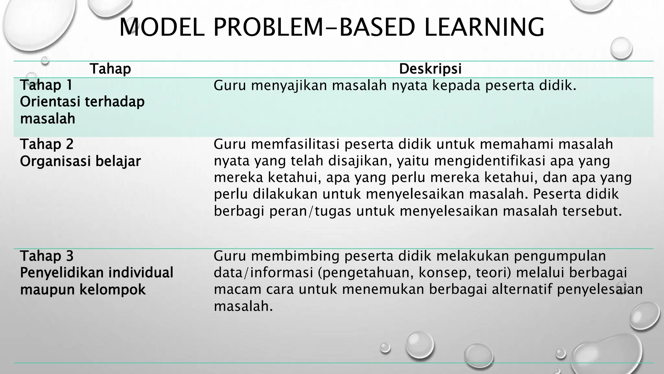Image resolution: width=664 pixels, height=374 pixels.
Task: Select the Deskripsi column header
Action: tap(430, 69)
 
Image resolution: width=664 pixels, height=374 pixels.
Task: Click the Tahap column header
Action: tap(110, 69)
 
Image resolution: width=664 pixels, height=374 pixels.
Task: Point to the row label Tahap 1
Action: tap(46, 85)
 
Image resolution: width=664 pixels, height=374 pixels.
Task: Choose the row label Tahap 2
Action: tap(47, 144)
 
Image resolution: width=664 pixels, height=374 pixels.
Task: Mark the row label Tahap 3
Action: tap(47, 256)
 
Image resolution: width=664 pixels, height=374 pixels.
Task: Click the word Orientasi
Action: tap(50, 102)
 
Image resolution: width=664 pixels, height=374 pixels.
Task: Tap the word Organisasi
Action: tap(52, 161)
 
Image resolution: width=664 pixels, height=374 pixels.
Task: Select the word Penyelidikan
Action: tap(62, 273)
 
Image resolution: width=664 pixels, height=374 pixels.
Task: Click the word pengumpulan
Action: tap(560, 256)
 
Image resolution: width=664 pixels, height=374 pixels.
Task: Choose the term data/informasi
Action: tap(263, 273)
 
